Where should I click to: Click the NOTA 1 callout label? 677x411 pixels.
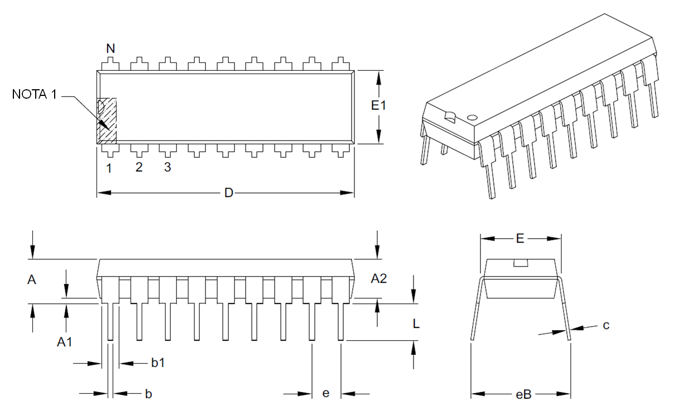coord(34,95)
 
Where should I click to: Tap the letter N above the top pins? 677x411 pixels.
coord(111,49)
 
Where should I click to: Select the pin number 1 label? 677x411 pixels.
coord(109,167)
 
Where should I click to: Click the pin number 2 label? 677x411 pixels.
coord(139,167)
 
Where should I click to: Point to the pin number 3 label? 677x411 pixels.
coord(167,167)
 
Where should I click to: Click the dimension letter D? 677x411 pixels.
coord(229,193)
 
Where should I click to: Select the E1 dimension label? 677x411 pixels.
coord(379,105)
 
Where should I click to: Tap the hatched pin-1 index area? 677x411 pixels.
coord(107,121)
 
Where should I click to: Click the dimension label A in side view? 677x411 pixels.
coord(32,280)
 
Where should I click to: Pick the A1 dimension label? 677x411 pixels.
coord(65,342)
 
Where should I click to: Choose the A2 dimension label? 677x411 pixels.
coord(379,278)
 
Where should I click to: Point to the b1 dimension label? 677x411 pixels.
coord(158,363)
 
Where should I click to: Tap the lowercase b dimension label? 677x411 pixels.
coord(148,394)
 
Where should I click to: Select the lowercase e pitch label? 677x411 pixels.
coord(326,394)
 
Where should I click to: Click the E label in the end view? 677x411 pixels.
coord(520,239)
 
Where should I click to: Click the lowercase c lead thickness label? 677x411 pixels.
coord(606,325)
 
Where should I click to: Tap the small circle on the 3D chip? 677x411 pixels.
coord(472,118)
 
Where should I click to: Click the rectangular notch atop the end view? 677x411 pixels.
coord(521,263)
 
